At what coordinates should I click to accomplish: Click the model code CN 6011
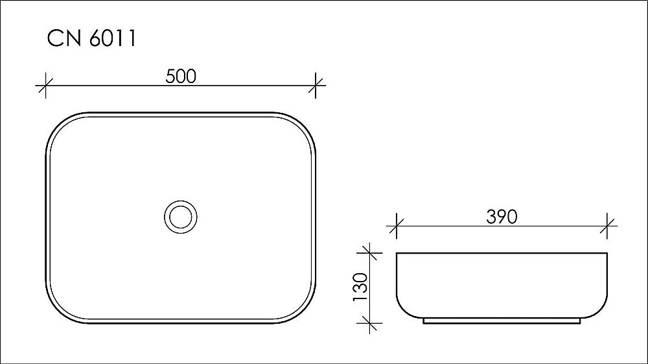91,38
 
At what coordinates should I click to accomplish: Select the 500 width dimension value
181,76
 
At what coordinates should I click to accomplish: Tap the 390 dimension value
502,217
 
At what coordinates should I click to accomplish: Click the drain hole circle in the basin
180,217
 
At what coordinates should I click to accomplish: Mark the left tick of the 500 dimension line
45,85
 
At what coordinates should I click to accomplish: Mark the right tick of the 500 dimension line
316,85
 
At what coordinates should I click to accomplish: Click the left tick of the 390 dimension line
396,226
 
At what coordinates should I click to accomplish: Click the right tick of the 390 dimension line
608,226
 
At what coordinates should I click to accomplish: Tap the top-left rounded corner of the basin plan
58,125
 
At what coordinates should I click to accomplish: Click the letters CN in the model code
62,38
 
